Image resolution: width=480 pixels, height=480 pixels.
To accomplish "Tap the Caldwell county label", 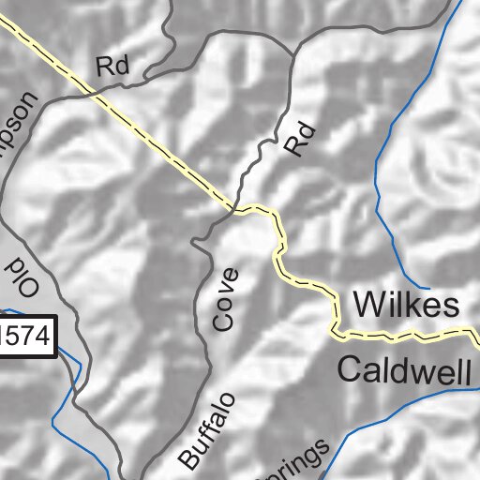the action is pos(403,371).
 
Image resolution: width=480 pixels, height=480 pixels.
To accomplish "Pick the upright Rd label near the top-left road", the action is pos(112,66).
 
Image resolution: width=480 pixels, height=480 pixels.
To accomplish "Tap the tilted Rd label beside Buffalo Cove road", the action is pos(297,140).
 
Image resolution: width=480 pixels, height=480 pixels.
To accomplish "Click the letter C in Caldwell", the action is pos(350,371).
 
